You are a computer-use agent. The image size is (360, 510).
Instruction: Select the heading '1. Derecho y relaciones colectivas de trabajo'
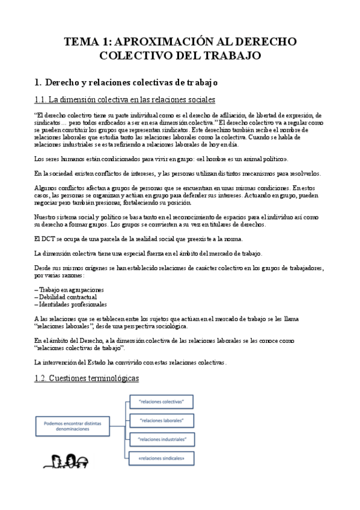[125, 81]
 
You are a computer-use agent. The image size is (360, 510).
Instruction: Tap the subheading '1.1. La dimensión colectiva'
[125, 99]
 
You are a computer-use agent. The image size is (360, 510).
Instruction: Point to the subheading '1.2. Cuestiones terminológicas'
[87, 378]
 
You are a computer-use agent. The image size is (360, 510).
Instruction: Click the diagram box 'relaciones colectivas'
[161, 401]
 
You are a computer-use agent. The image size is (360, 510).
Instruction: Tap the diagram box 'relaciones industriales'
[161, 439]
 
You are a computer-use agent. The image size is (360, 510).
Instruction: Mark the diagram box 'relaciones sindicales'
[161, 458]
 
